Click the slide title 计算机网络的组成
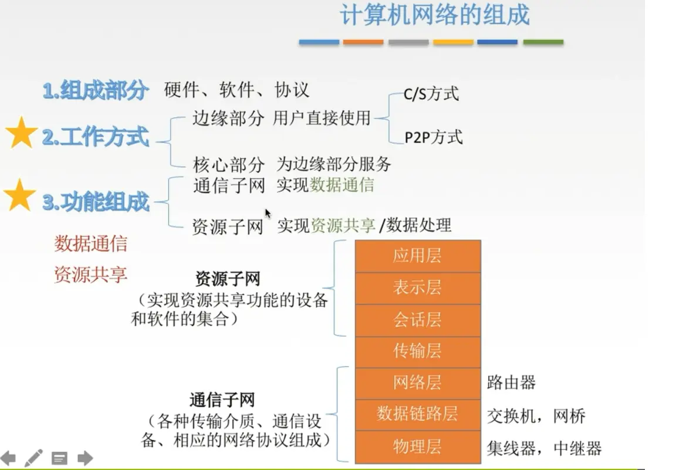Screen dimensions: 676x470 pos(435,15)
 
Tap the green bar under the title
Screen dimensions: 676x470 pos(543,42)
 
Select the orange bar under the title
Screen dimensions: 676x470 pos(363,42)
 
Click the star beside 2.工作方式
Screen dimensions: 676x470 pos(21,133)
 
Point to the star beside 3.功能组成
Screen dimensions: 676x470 pos(19,195)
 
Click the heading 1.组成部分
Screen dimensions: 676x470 pos(96,90)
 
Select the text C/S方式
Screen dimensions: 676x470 pos(431,93)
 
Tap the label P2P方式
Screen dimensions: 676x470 pos(434,137)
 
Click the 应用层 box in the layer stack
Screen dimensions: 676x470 pos(418,256)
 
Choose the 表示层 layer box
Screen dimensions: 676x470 pos(418,288)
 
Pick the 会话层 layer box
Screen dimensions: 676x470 pos(418,320)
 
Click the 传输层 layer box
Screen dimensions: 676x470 pos(418,352)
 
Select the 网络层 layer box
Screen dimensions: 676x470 pos(418,383)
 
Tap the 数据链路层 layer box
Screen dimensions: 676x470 pos(418,415)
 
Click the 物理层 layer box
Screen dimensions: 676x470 pos(418,447)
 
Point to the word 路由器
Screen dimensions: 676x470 pos(511,383)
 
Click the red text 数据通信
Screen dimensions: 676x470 pos(90,244)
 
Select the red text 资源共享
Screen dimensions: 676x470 pos(90,275)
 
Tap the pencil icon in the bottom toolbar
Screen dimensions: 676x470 pos(33,458)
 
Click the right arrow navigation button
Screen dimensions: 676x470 pos(85,458)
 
